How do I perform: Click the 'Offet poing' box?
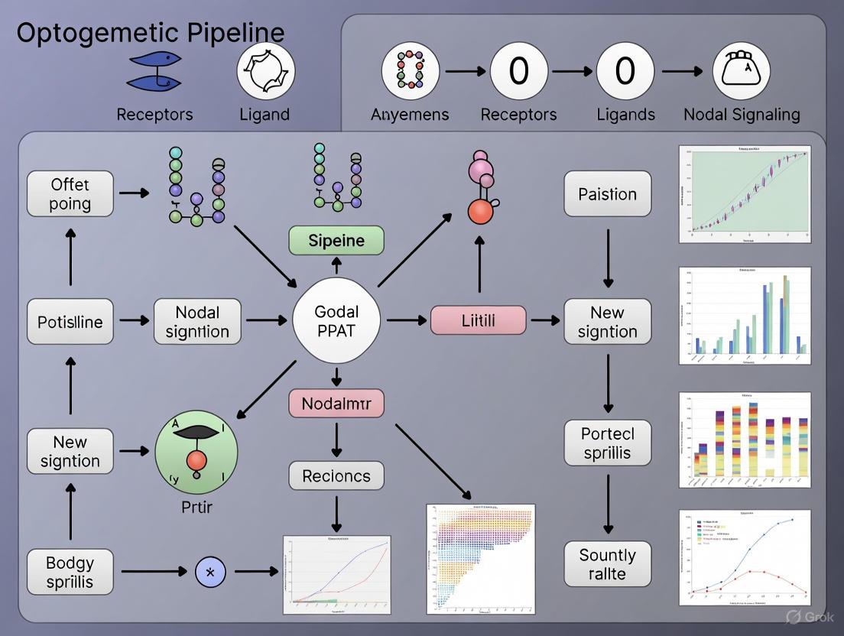pos(70,194)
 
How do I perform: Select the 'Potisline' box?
pos(70,322)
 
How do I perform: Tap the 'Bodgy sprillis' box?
pos(70,573)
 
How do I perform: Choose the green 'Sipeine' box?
pos(336,241)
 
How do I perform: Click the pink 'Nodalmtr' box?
pos(336,404)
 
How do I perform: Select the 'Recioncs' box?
pos(336,476)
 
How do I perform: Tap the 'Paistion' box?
pos(608,194)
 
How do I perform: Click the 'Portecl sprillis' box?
pos(608,443)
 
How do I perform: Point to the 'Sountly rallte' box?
pos(608,564)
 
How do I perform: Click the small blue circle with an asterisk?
pos(210,572)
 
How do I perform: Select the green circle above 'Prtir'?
pos(196,451)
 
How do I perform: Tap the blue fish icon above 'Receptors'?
pos(154,71)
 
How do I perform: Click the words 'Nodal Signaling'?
pos(742,115)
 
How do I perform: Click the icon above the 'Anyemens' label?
pos(410,71)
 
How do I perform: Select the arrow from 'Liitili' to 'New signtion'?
pos(544,321)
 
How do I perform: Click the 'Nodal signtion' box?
pos(197,322)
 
